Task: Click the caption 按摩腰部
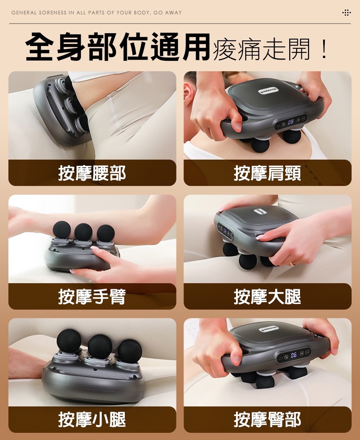tap(92, 173)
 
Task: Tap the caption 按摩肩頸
tap(268, 173)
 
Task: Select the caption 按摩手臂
tap(92, 297)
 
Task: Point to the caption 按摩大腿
tap(268, 297)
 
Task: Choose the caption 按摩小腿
tap(92, 420)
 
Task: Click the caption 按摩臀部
tap(268, 420)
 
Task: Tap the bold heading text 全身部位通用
tap(118, 47)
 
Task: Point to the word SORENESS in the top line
tap(53, 13)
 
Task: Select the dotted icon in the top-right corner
tap(346, 13)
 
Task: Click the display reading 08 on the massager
tap(291, 122)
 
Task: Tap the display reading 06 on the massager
tap(294, 355)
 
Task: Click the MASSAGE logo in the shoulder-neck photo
tap(268, 90)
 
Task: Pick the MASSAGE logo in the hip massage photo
tap(269, 328)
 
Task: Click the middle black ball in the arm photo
tap(83, 232)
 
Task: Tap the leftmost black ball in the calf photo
tap(69, 341)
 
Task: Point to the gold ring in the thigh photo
tap(293, 264)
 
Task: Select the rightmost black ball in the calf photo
tap(130, 351)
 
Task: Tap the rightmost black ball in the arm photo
tap(106, 234)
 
